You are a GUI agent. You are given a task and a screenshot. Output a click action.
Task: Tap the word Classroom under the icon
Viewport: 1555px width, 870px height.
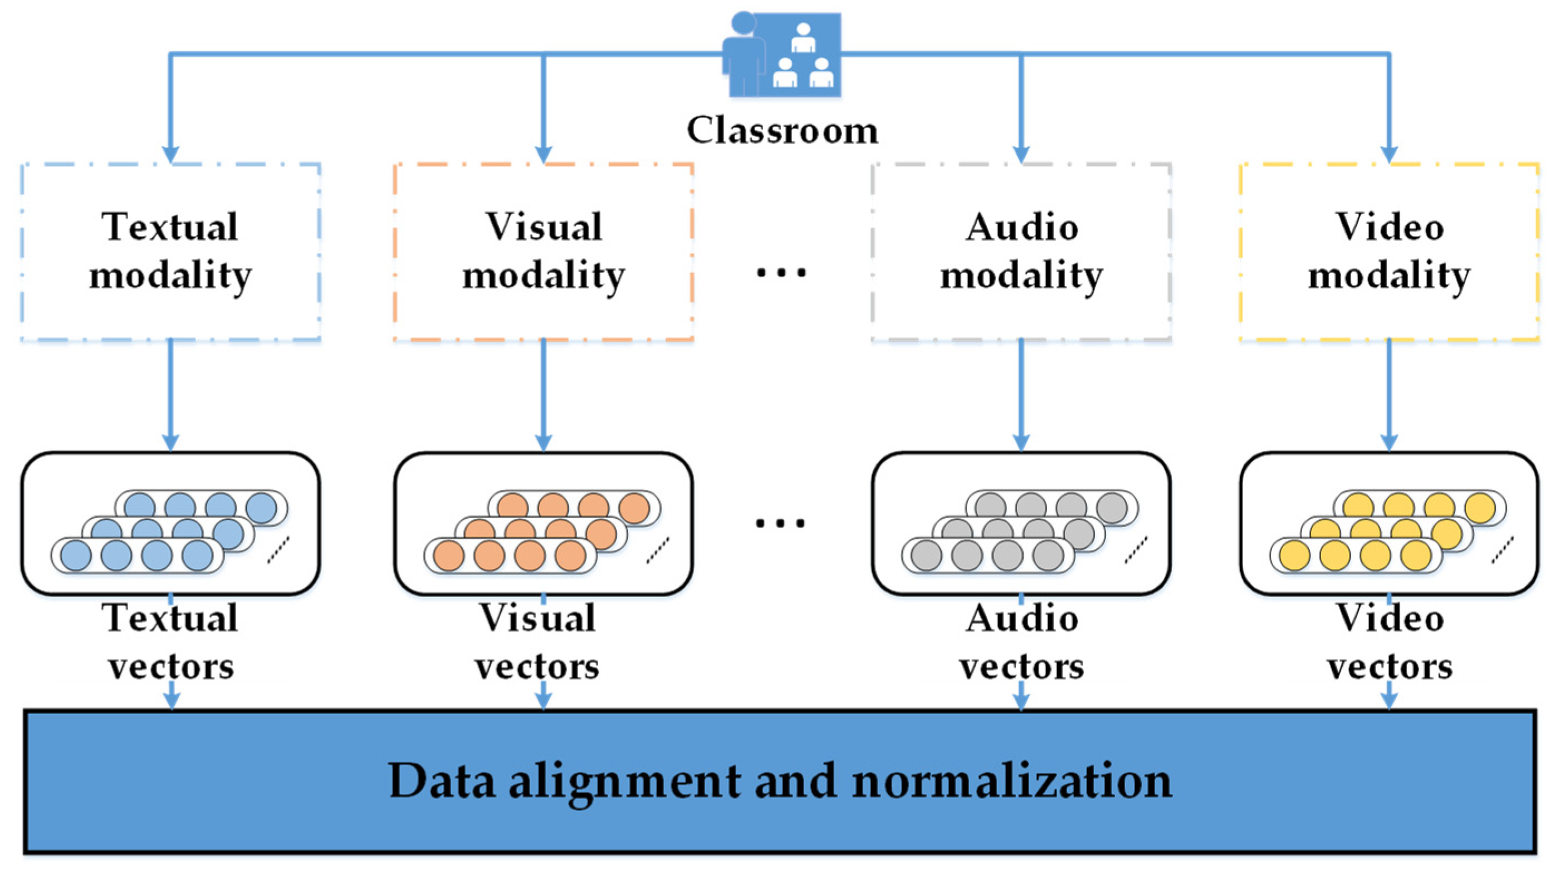click(x=783, y=130)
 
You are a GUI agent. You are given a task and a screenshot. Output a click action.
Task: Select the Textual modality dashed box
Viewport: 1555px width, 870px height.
click(x=170, y=251)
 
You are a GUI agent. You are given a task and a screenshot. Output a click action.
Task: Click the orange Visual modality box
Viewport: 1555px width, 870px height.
click(x=543, y=251)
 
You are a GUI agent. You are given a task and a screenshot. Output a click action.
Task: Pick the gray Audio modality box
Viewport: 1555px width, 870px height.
click(x=1021, y=251)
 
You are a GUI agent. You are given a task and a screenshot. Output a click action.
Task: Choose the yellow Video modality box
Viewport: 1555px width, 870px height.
click(x=1389, y=251)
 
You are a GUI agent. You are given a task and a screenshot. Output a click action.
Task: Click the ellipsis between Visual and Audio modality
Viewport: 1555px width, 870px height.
click(x=781, y=273)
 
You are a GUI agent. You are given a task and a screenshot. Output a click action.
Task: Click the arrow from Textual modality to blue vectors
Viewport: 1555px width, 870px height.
click(x=170, y=395)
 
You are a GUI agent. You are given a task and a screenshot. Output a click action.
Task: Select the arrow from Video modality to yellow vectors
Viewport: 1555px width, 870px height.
click(x=1389, y=395)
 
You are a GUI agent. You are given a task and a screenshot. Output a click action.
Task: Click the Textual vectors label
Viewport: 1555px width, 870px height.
click(x=172, y=642)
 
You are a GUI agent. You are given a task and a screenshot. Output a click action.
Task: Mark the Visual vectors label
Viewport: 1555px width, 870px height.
click(x=537, y=642)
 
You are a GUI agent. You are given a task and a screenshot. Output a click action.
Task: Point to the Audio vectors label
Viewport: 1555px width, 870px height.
click(x=1021, y=642)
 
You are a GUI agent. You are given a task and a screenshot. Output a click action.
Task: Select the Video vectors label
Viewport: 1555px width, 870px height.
click(x=1390, y=642)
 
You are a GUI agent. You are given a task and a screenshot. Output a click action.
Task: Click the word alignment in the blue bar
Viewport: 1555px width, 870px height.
click(x=625, y=781)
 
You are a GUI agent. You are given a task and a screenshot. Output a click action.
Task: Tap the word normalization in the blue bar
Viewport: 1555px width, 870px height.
click(x=1012, y=781)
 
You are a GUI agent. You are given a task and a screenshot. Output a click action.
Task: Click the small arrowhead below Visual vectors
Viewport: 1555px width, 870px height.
click(x=543, y=700)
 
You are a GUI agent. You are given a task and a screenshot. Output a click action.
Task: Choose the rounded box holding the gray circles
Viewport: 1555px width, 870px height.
click(x=1021, y=523)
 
